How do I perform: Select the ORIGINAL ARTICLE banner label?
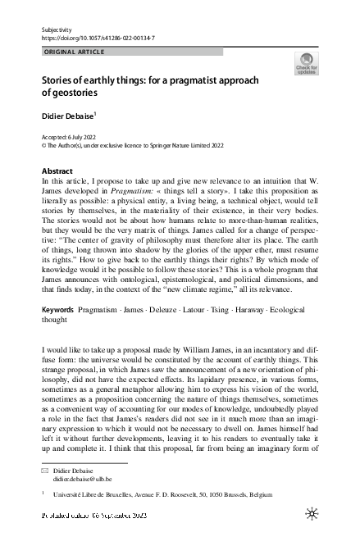click(73, 52)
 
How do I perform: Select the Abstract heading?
click(57, 171)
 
